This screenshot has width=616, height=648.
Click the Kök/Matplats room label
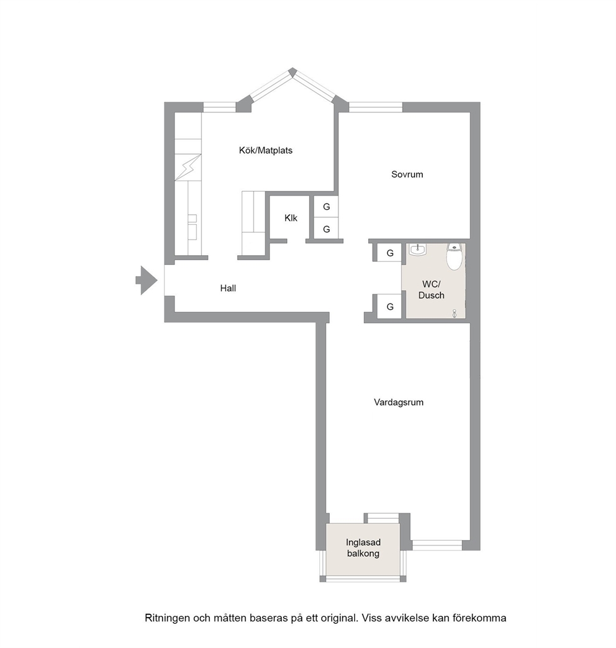click(x=265, y=150)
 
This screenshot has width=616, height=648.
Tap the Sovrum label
click(x=407, y=174)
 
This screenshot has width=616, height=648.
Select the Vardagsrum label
click(x=399, y=403)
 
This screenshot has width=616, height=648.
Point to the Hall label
click(x=228, y=289)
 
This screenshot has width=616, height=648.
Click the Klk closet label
click(x=291, y=218)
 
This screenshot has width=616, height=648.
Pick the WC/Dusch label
click(x=431, y=290)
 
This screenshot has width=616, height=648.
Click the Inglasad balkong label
click(x=363, y=548)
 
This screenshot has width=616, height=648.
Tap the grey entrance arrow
click(x=147, y=280)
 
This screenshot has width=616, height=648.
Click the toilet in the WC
click(x=454, y=256)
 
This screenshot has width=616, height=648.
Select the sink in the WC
click(x=417, y=250)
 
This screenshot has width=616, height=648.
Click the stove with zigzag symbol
click(x=188, y=167)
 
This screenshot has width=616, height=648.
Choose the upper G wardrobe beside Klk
click(x=326, y=207)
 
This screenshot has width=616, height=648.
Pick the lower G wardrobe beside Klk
click(x=326, y=229)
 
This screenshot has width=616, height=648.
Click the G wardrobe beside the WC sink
click(x=389, y=253)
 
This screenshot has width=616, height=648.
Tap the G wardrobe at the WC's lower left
click(x=389, y=307)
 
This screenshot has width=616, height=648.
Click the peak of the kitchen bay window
click(x=292, y=70)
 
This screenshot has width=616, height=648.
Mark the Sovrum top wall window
click(x=376, y=107)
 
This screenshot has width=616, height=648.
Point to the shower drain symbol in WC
click(x=455, y=313)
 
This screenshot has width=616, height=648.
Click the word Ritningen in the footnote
click(x=168, y=618)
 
